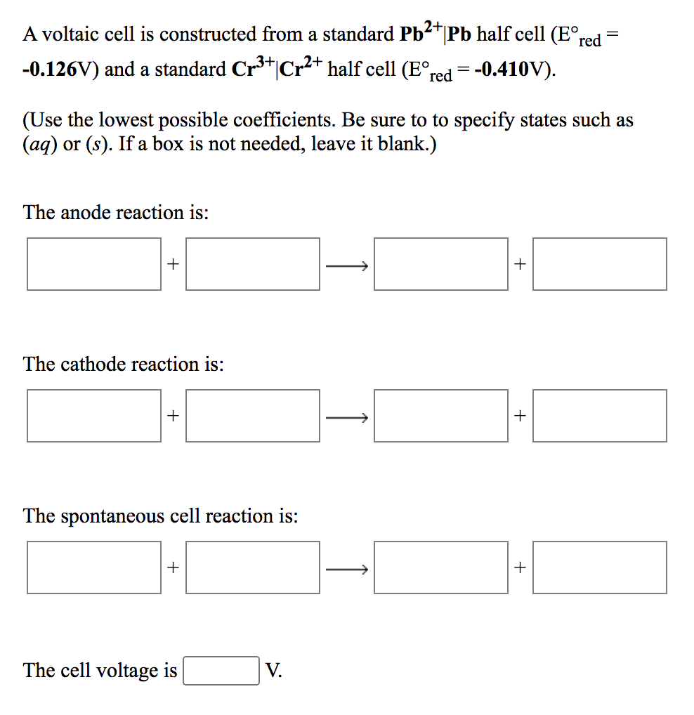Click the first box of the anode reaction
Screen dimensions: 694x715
coord(94,264)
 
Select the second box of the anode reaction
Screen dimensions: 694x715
coord(253,264)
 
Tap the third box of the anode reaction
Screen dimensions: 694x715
coord(440,264)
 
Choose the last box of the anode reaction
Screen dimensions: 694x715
coord(599,264)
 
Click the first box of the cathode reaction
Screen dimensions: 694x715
coord(94,416)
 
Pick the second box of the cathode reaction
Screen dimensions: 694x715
coord(253,416)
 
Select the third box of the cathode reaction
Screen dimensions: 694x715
coord(440,416)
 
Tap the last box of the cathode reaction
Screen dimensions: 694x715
coord(599,416)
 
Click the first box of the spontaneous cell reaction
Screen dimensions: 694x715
coord(94,568)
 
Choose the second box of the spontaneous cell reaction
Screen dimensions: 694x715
coord(253,568)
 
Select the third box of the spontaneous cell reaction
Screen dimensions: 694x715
coord(440,568)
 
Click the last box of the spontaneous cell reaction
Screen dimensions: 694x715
coord(599,568)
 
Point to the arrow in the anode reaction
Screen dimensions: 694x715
coord(347,265)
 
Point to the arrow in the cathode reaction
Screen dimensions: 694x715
coord(347,417)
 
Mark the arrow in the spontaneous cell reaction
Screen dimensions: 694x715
coord(347,569)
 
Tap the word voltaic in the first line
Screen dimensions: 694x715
coord(72,34)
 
